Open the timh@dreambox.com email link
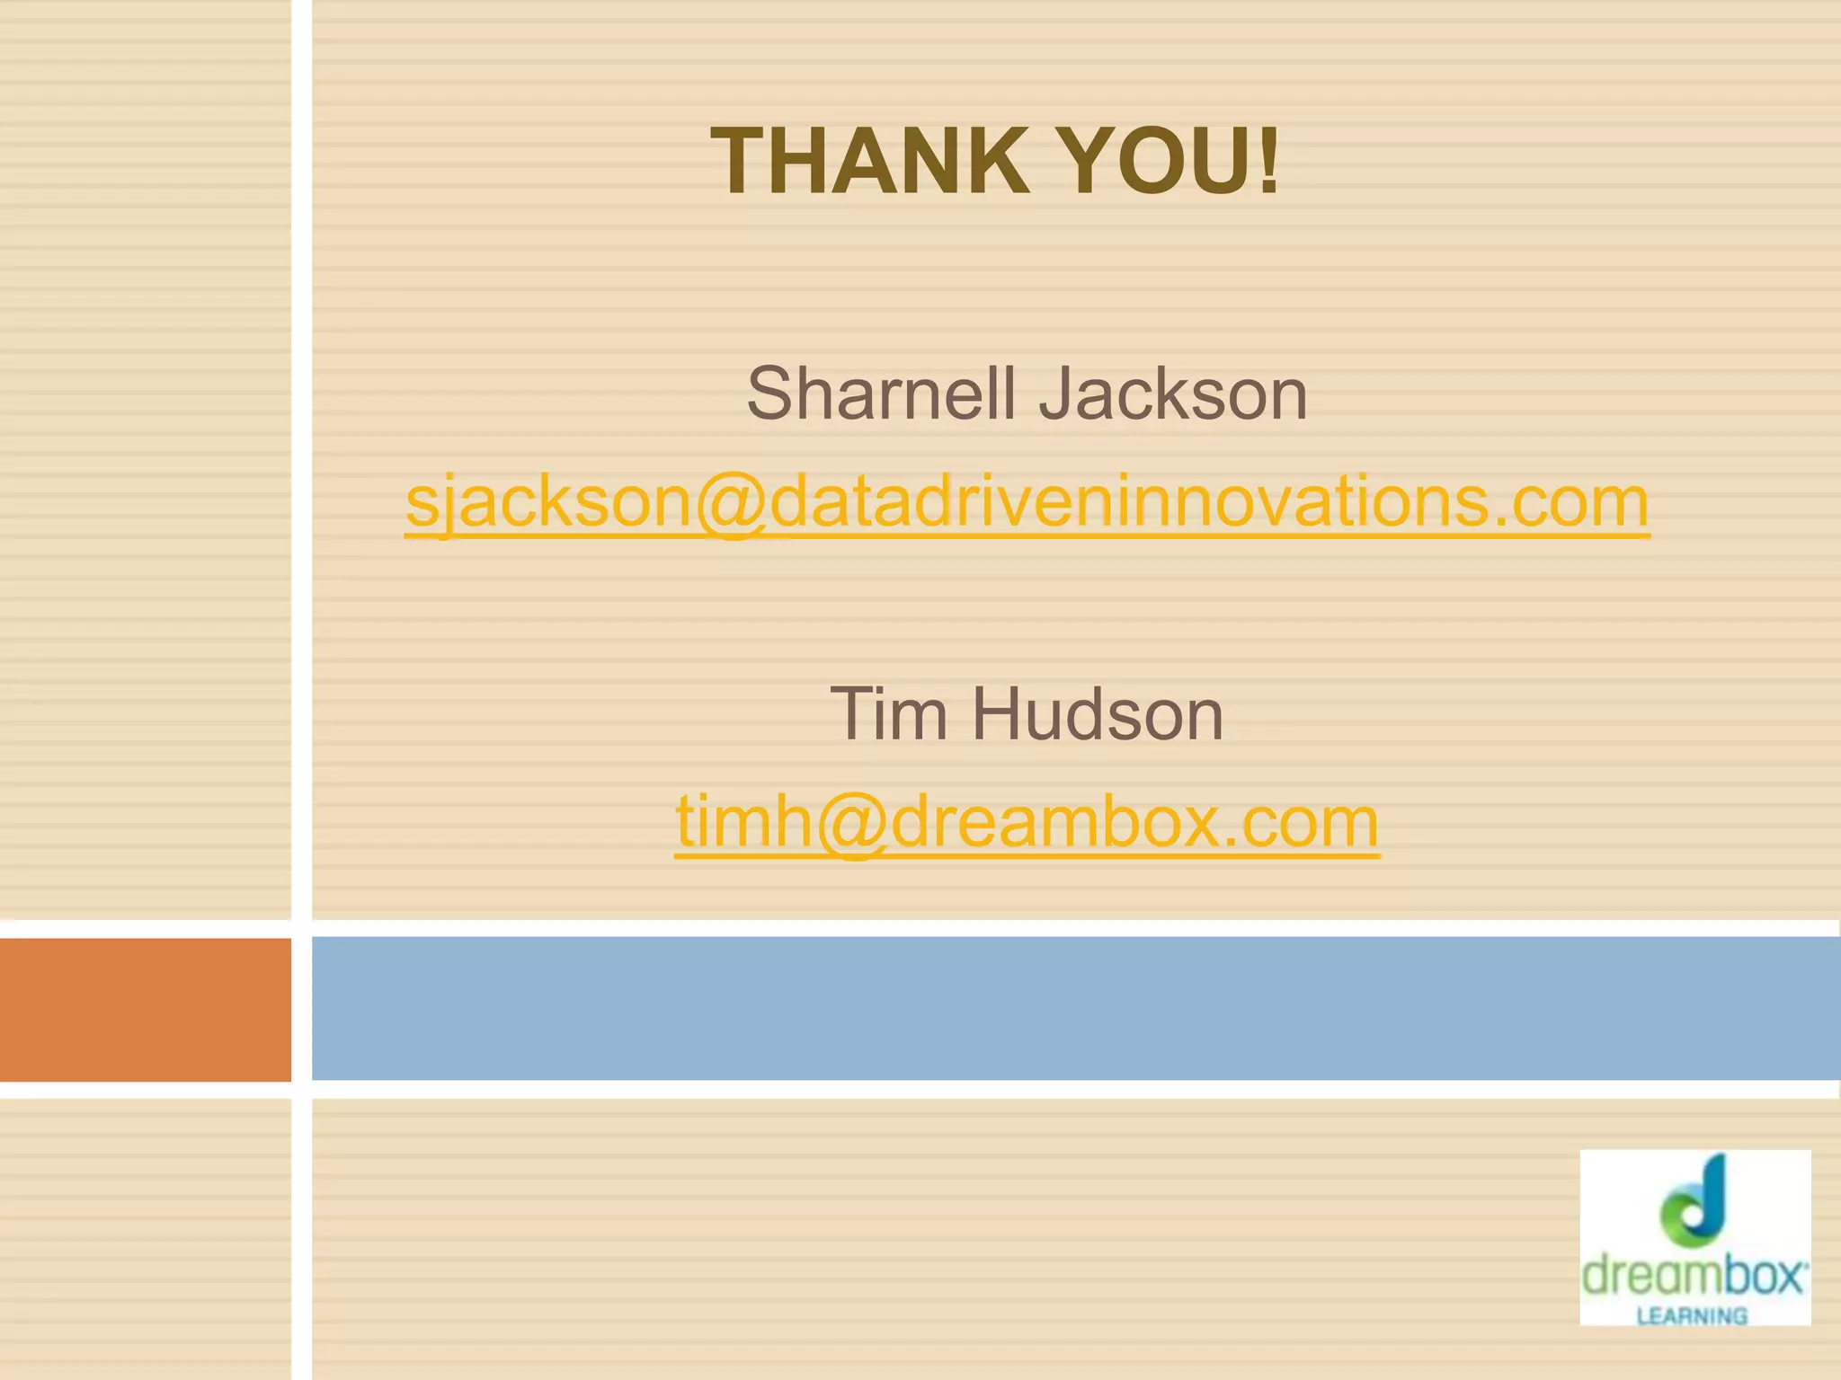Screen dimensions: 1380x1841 pyautogui.click(x=1027, y=821)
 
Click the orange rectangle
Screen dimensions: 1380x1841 pyautogui.click(x=145, y=1009)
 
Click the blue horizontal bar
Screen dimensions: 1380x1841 pyautogui.click(x=1075, y=1008)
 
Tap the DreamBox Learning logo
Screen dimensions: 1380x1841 pyautogui.click(x=1694, y=1237)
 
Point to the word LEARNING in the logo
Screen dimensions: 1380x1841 pyautogui.click(x=1692, y=1316)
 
